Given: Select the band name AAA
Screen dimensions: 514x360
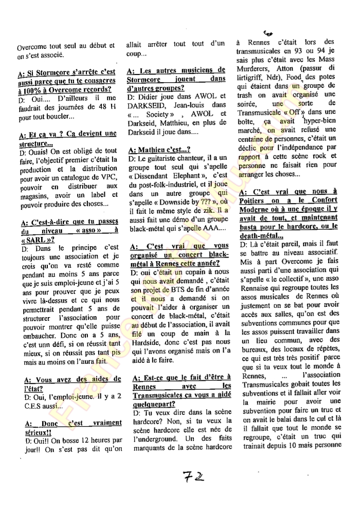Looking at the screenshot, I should click(201, 228).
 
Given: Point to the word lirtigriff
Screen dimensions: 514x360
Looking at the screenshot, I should click(258, 77).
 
